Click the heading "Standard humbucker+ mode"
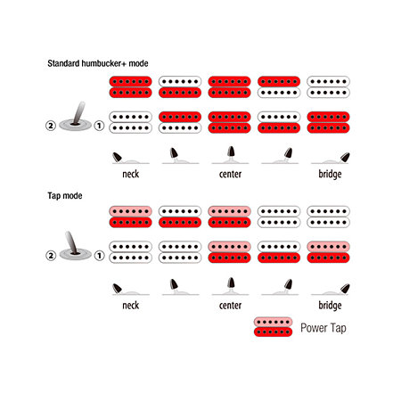tap(98, 63)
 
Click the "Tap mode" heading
tap(65, 196)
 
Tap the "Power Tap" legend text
tap(323, 328)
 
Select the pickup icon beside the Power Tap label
tap(273, 327)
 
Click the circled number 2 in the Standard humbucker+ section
tap(51, 126)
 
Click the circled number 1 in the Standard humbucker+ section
tap(99, 126)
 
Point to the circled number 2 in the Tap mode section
tap(51, 256)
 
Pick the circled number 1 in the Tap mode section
tap(99, 256)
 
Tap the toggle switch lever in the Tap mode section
tap(72, 243)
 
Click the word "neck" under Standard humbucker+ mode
tap(131, 174)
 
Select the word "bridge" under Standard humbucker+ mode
tap(330, 174)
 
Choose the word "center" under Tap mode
tap(230, 306)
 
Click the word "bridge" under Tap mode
tap(330, 306)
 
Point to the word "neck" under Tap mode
tap(131, 306)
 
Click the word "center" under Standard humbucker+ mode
tap(230, 174)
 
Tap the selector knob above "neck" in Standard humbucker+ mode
tap(117, 157)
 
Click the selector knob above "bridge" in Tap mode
tap(345, 289)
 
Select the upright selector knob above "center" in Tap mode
tap(231, 282)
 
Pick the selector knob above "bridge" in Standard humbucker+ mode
tap(345, 157)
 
